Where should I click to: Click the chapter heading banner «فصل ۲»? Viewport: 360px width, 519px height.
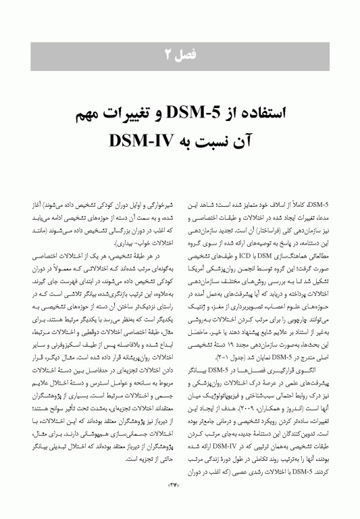pyautogui.click(x=180, y=53)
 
